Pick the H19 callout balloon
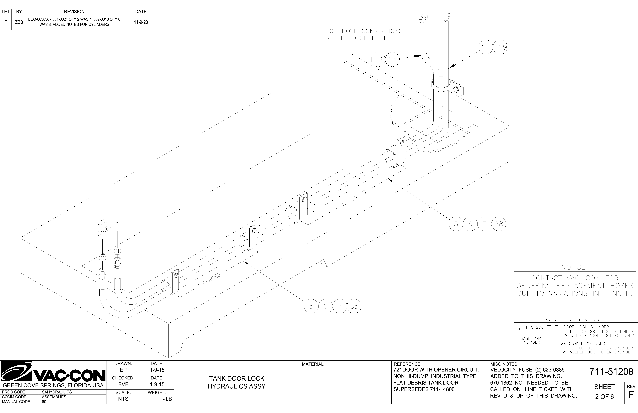coord(500,47)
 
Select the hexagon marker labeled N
coord(117,251)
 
